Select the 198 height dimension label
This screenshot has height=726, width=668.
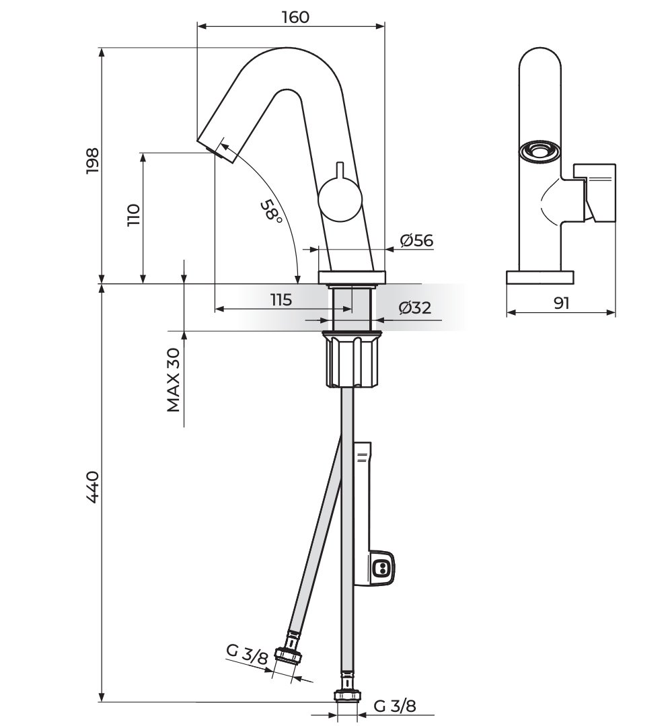(93, 161)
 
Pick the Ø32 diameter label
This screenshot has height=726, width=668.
(414, 308)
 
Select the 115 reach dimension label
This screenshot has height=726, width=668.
(281, 300)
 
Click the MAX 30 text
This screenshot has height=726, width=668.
(174, 380)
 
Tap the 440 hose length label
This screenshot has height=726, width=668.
(93, 487)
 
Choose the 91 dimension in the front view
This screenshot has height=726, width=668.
(561, 303)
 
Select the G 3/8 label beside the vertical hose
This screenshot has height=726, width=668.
(395, 706)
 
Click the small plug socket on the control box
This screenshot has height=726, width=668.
(381, 569)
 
